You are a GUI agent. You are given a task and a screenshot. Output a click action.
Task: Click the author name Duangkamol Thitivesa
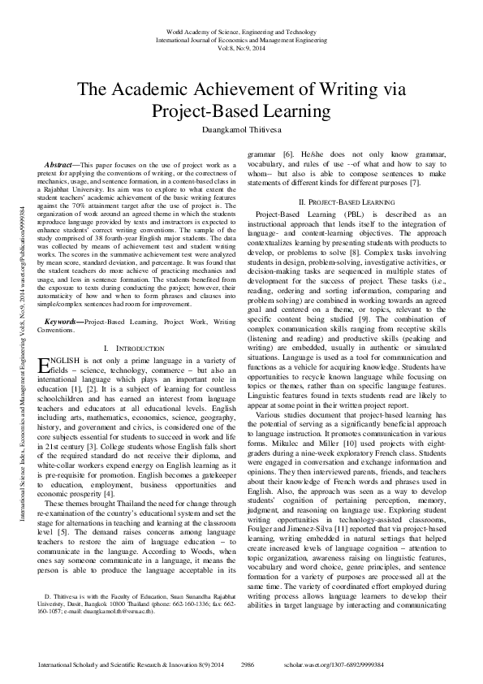[241, 128]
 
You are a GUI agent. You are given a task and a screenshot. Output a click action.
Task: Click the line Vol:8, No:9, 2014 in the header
[241, 47]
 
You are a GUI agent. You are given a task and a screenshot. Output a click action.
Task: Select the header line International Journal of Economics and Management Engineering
[241, 37]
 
